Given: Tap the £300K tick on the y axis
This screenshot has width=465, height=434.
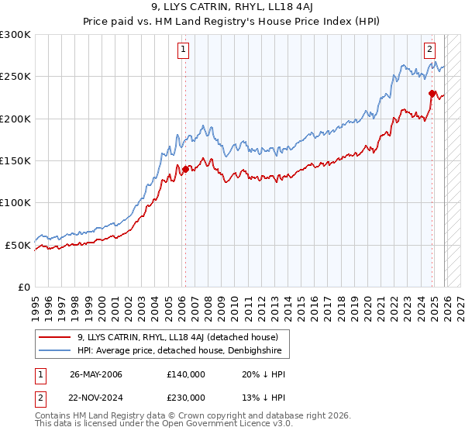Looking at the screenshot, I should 15,35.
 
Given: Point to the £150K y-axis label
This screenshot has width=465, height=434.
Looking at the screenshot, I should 15,161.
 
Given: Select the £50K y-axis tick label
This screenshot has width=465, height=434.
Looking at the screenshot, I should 19,245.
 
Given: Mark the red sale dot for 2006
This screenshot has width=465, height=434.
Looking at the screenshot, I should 185,170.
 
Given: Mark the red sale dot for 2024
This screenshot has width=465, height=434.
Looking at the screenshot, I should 432,94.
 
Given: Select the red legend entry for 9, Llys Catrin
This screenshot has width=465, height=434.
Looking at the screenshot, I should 183,337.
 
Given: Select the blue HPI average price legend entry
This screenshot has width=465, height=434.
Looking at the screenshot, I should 183,351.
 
